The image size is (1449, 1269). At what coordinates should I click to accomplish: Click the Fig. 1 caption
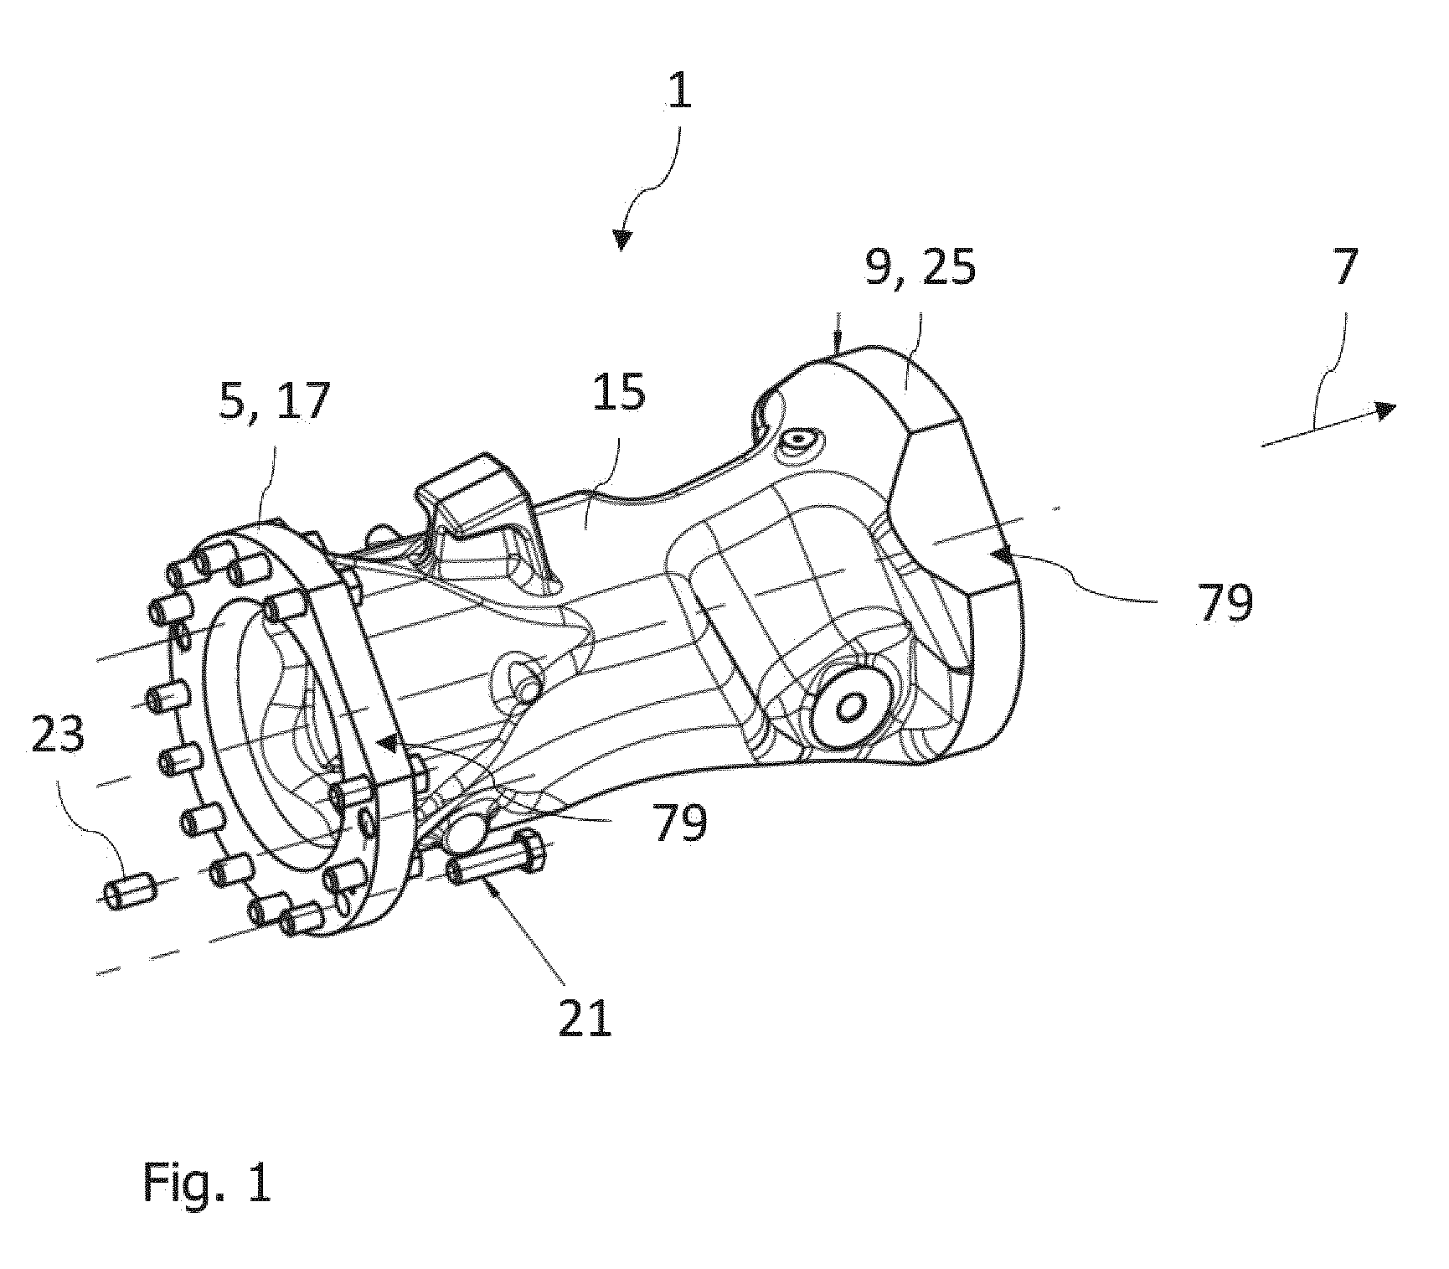point(207,1183)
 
